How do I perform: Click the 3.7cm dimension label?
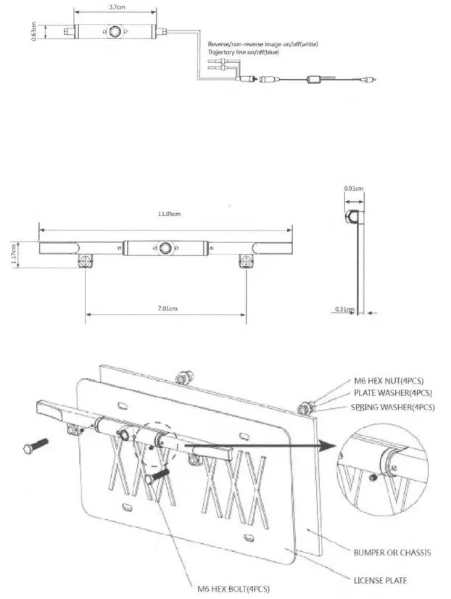coord(114,7)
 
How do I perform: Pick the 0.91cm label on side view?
coord(353,189)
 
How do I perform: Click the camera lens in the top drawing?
coord(115,33)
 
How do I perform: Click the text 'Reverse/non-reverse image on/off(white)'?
coord(262,44)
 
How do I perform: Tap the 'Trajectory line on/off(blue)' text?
coord(243,52)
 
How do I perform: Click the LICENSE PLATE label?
coord(380,579)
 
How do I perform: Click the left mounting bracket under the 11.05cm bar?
coord(86,260)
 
